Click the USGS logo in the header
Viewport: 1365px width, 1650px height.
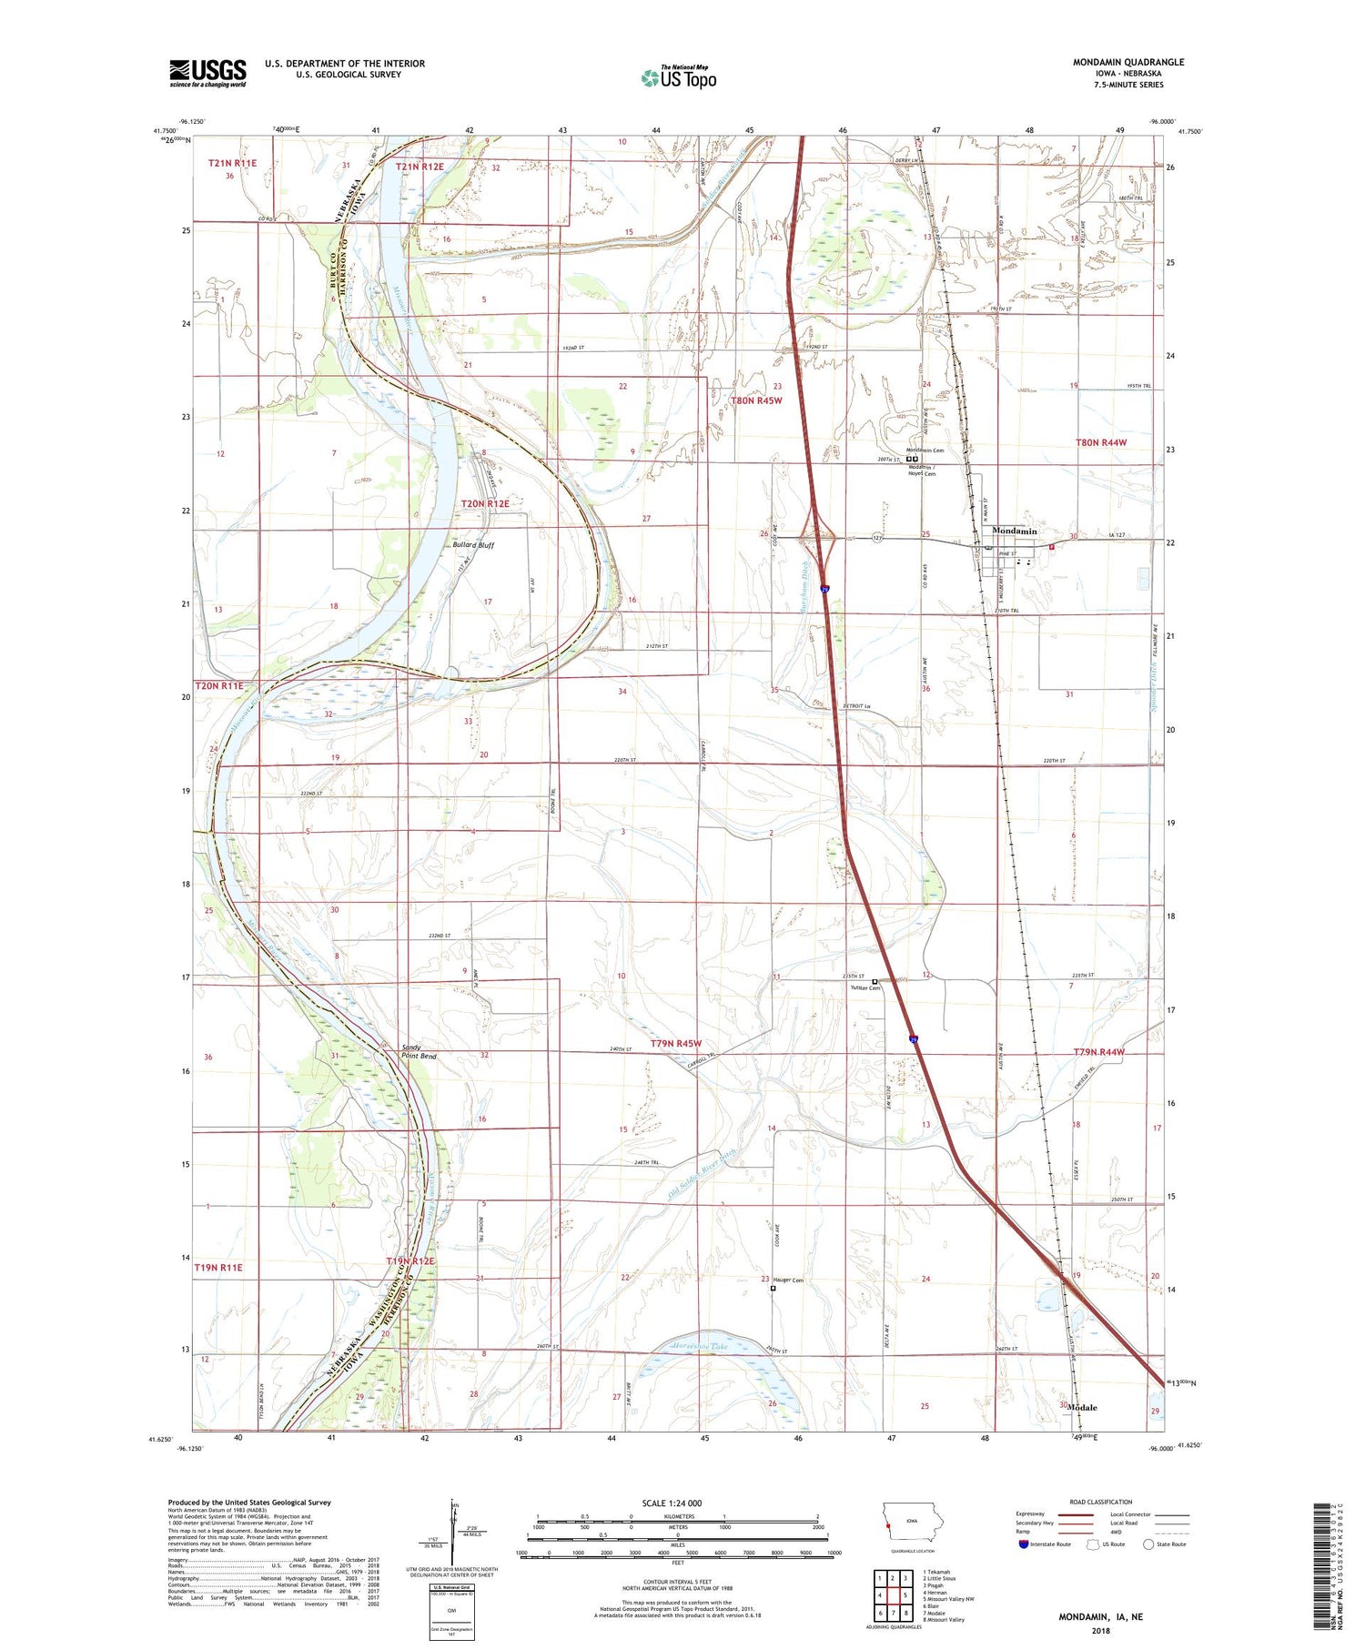[x=207, y=73]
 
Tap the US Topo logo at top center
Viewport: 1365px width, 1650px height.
[x=678, y=78]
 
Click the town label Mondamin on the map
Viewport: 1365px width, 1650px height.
[x=1014, y=531]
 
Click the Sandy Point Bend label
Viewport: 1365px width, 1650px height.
[x=420, y=1051]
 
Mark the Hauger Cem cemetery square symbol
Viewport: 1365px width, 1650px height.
[x=773, y=1288]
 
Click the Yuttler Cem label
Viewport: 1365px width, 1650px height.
[x=864, y=987]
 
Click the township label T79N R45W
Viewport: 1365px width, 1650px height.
[x=689, y=1043]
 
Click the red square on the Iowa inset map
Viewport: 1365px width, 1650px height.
[x=885, y=1515]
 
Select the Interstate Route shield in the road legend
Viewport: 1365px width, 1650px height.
[x=1024, y=1544]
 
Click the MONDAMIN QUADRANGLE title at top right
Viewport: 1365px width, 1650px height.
[x=1128, y=62]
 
